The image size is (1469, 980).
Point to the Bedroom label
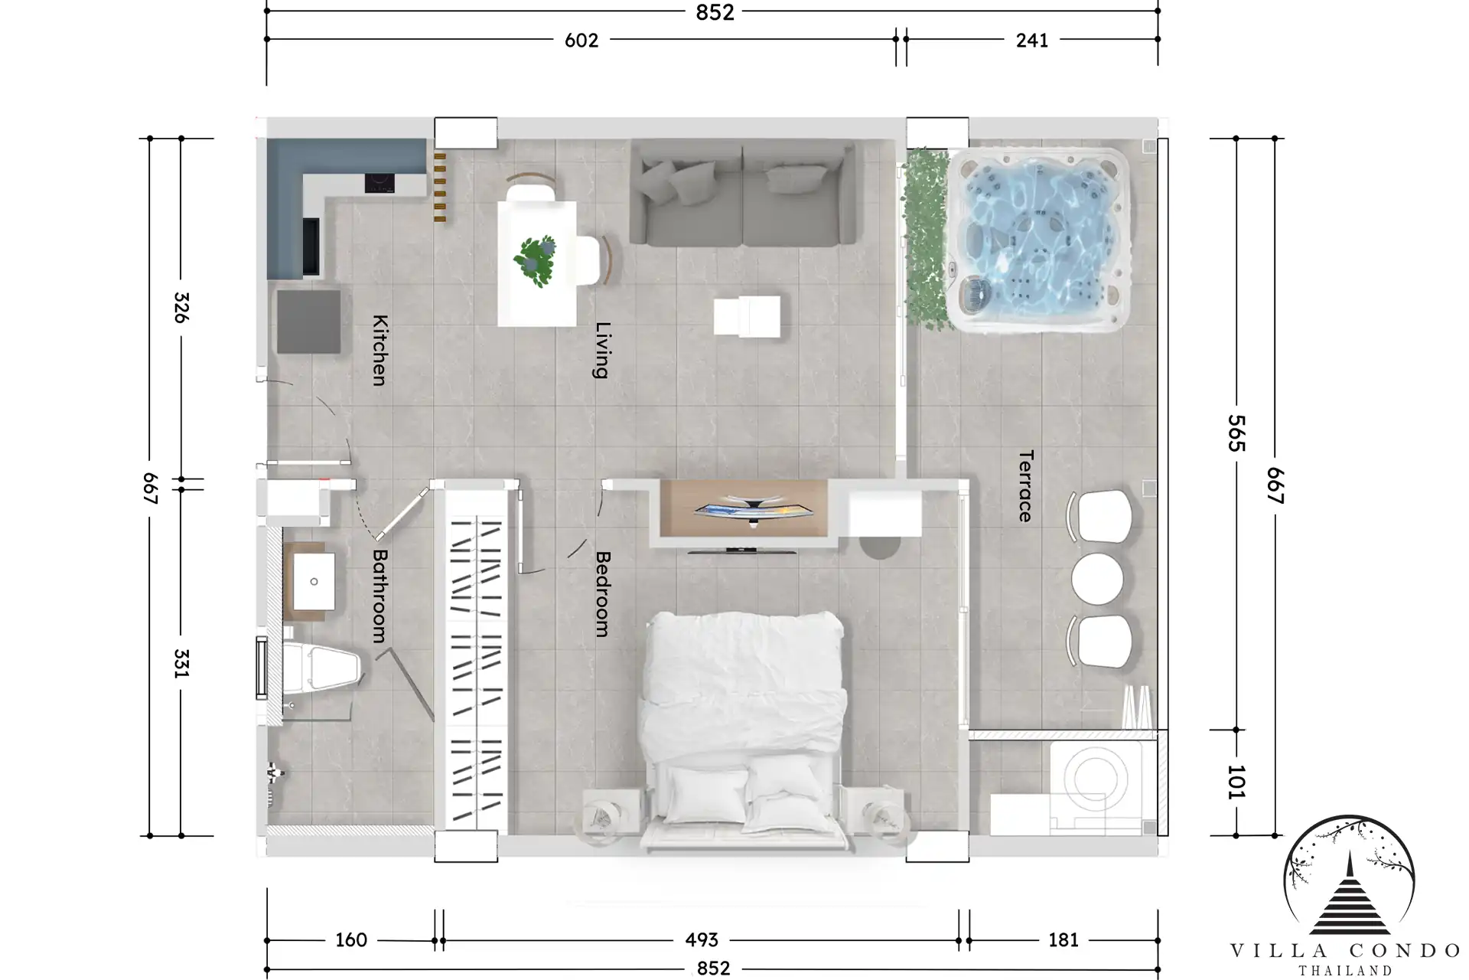pos(603,594)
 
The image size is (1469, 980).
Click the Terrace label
pos(1026,486)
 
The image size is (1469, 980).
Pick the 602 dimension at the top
pos(581,41)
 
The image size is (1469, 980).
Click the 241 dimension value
pos(1032,41)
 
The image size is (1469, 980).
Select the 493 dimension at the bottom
pos(702,939)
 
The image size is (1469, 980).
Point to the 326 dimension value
pos(181,308)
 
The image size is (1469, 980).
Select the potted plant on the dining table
pos(536,260)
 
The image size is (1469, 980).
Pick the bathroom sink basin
pos(314,581)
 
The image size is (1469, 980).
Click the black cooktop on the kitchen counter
pos(379,183)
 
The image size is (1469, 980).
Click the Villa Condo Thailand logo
pos(1347,894)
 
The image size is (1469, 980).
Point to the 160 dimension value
pos(351,939)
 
